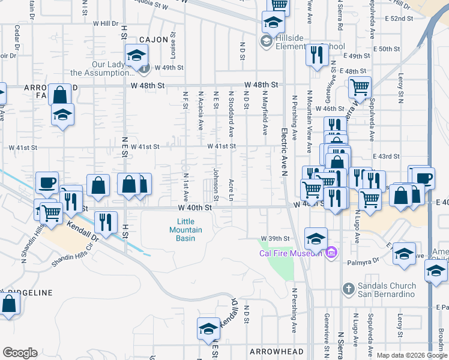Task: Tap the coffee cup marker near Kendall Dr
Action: tap(47, 182)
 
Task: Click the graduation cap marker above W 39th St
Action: tap(316, 238)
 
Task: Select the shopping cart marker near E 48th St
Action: tap(359, 88)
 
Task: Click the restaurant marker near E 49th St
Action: tap(316, 55)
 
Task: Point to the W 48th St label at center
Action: tap(261, 85)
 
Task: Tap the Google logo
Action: tap(20, 353)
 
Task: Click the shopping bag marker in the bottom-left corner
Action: tap(9, 304)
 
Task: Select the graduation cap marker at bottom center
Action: tap(208, 328)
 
